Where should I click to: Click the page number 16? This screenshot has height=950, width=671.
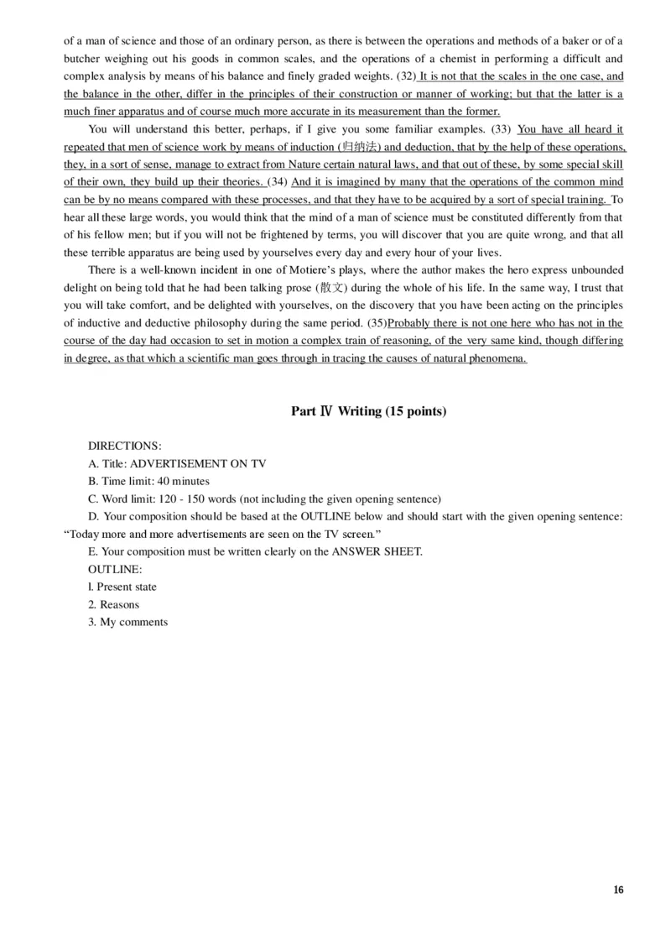[618, 890]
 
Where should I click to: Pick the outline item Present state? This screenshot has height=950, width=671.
[127, 587]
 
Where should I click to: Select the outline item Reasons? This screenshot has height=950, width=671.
[119, 604]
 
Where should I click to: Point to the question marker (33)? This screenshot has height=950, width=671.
[502, 129]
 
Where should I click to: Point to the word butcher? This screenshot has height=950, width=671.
[86, 59]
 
